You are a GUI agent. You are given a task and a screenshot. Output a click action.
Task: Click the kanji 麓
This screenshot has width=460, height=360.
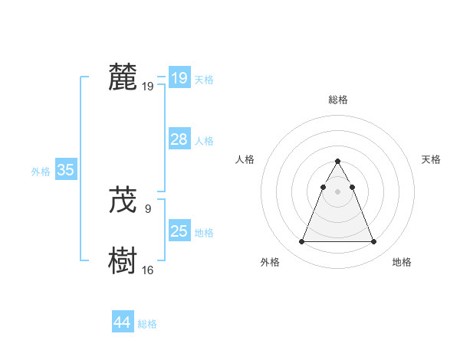[123, 77]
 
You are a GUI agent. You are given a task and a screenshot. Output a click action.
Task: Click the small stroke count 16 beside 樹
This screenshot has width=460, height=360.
[148, 270]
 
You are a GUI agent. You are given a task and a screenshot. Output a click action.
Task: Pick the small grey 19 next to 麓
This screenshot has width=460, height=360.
[148, 87]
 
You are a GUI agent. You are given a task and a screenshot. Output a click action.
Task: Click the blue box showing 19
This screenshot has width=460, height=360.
[179, 78]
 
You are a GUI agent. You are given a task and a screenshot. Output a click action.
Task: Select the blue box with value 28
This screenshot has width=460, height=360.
[179, 139]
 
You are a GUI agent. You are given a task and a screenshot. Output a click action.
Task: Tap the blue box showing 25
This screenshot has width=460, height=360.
[179, 231]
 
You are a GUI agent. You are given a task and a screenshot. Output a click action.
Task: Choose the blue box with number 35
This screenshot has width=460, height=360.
[66, 171]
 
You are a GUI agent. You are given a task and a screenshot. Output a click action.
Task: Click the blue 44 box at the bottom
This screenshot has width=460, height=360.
[123, 322]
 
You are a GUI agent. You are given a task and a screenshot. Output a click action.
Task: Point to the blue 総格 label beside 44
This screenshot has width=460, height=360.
[147, 324]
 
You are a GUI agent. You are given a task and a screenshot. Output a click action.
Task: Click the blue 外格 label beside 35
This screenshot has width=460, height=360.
[41, 172]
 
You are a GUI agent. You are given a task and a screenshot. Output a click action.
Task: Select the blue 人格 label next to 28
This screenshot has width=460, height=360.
[204, 141]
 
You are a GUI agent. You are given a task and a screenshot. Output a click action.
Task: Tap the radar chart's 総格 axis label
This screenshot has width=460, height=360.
[338, 100]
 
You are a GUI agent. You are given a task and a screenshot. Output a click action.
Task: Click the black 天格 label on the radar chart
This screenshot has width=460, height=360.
[432, 159]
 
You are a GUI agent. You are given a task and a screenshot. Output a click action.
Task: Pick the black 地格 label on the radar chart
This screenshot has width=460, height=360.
[402, 262]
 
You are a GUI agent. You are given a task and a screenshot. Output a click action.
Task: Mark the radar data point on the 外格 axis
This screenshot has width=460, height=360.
[301, 242]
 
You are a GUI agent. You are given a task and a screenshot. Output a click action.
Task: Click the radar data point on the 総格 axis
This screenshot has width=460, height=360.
[338, 162]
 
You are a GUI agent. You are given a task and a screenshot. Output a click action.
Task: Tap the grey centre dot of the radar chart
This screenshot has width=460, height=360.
[338, 191]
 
